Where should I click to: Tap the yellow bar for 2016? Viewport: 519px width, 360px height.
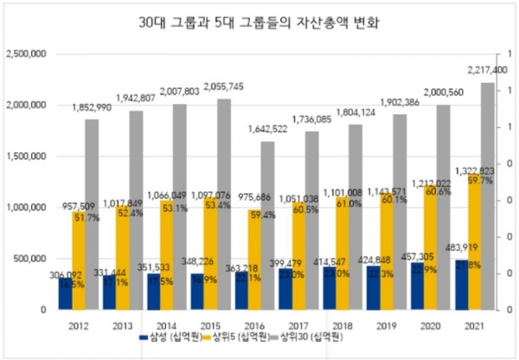[x=253, y=260]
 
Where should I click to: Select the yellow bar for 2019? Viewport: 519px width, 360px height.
[x=384, y=251]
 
